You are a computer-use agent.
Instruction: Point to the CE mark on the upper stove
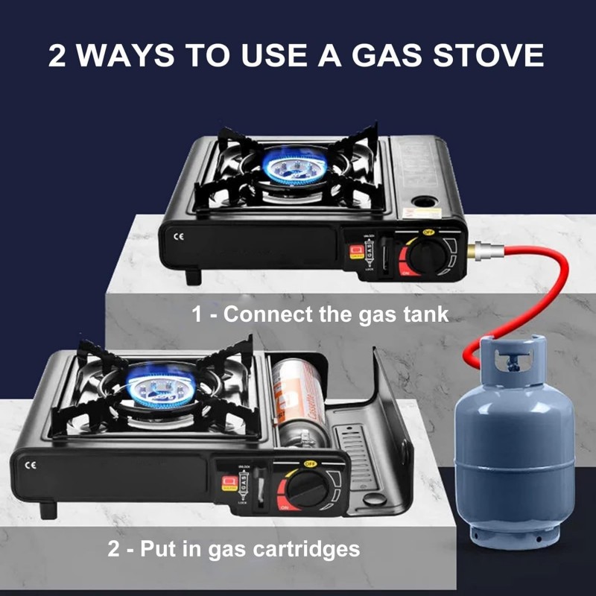(177, 237)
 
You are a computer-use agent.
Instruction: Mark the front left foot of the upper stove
(193, 276)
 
